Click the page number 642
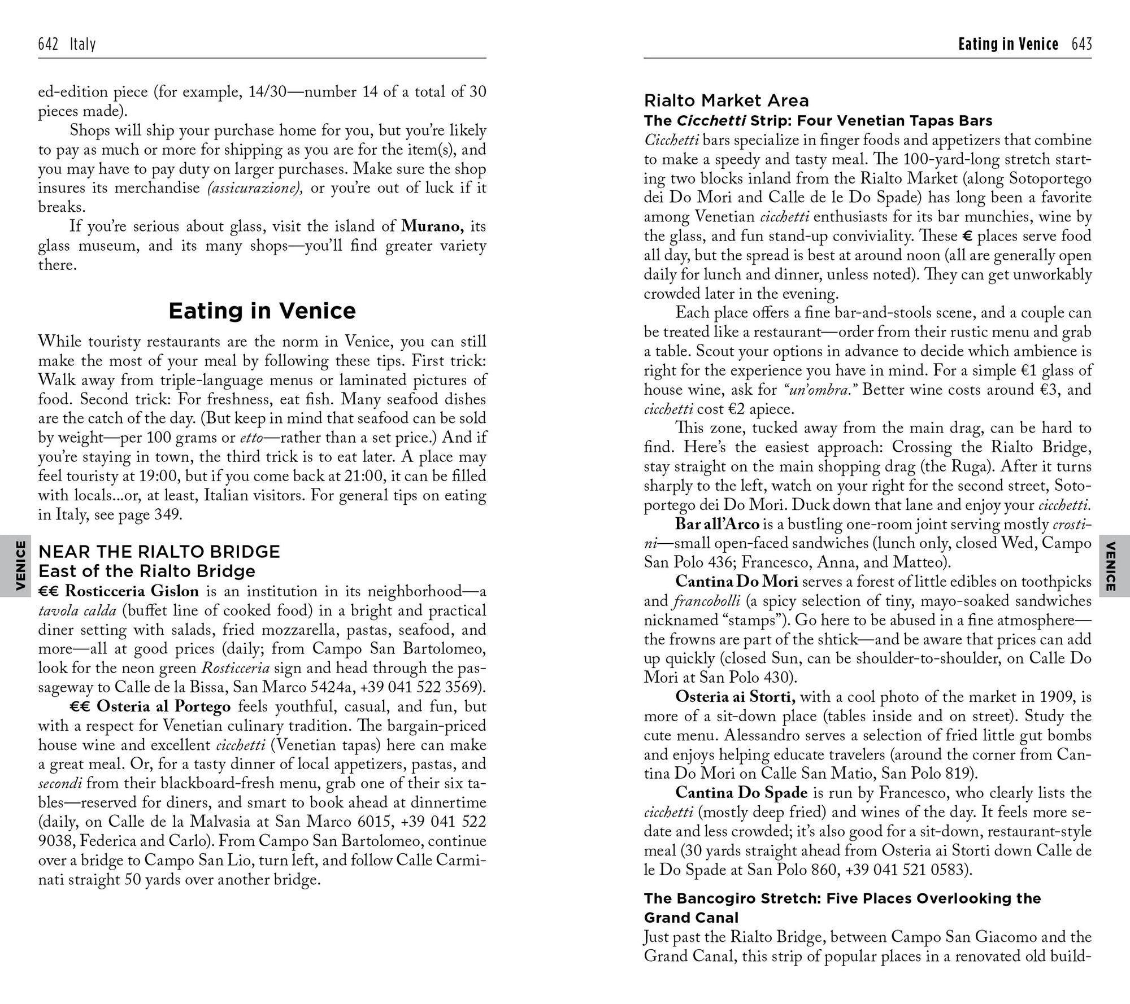(48, 44)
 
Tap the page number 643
(1081, 44)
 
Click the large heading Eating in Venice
(262, 311)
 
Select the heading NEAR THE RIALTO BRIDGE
(159, 552)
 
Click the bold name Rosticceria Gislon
(132, 591)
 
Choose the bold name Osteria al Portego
(163, 706)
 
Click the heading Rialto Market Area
(726, 101)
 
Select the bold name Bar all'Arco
(717, 524)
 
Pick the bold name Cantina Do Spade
(741, 793)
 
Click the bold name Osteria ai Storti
(736, 697)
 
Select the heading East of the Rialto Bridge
(146, 571)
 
